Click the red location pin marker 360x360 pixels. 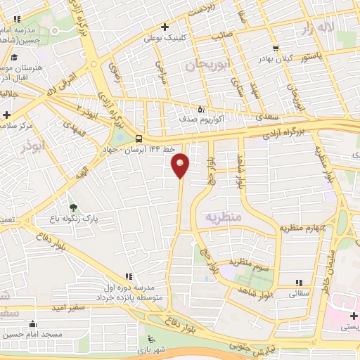(180, 165)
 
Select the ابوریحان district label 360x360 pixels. (209, 65)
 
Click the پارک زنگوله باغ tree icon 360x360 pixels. (73, 208)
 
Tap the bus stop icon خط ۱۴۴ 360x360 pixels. (139, 139)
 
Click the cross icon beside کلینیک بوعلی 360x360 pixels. (165, 27)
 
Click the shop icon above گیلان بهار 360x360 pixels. (275, 49)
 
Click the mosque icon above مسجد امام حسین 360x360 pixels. (32, 324)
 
